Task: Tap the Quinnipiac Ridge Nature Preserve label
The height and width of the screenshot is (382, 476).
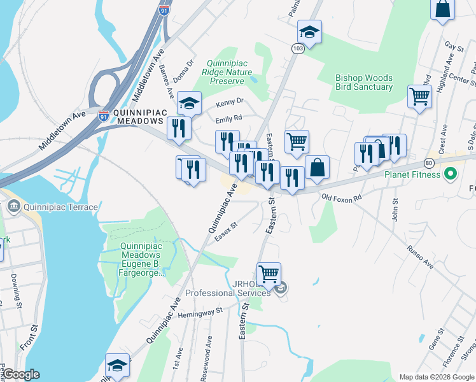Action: coord(227,72)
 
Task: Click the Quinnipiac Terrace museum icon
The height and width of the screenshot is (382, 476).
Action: coord(13,207)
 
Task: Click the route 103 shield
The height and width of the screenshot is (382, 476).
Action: coord(298,48)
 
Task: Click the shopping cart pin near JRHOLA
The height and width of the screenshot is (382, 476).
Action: coord(269,274)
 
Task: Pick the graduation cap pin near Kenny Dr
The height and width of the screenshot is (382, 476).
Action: coord(189,103)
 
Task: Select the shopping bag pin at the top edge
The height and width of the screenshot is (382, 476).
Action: coord(443,10)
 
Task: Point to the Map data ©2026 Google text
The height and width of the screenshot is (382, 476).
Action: coord(436,377)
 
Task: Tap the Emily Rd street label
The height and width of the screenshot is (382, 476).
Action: coord(229,118)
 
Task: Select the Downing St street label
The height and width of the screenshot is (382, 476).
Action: coord(14,288)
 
